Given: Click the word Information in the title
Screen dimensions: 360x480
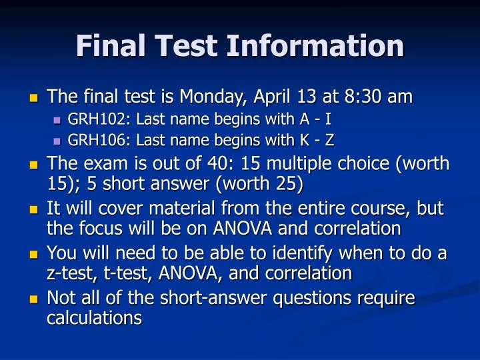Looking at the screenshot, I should (x=315, y=47).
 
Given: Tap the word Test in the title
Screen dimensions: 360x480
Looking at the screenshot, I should (x=187, y=47).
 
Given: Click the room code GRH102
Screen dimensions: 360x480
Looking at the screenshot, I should (x=91, y=121).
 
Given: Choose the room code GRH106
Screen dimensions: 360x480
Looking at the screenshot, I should (x=91, y=141).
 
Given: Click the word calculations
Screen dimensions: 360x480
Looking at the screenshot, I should (x=94, y=318).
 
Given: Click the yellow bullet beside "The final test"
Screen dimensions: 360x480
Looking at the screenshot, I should (x=35, y=98).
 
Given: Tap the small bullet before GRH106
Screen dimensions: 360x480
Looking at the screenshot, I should (x=56, y=141).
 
